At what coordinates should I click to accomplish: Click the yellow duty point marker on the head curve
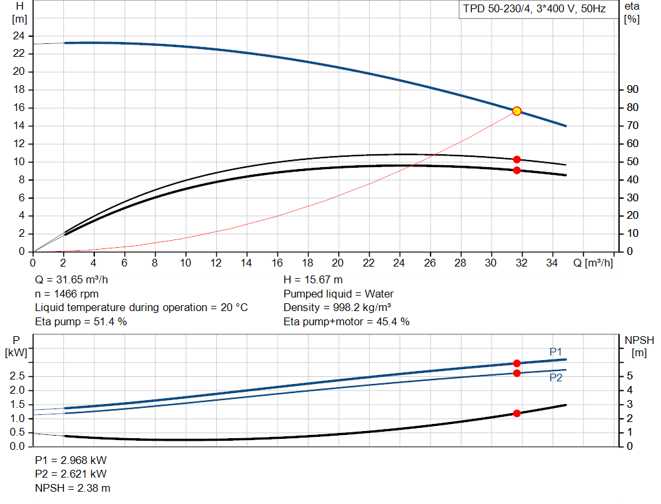[517, 111]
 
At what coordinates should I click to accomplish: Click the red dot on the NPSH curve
[517, 414]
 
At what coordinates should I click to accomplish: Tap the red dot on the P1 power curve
[517, 363]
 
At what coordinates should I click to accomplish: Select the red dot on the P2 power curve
[517, 373]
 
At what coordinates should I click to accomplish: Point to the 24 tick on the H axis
[19, 36]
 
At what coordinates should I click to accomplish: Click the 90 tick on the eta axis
[633, 89]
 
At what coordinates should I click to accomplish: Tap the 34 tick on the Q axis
[552, 263]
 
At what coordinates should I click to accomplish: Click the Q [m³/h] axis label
[593, 263]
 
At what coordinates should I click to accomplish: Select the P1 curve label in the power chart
[556, 352]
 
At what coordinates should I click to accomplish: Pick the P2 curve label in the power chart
[556, 378]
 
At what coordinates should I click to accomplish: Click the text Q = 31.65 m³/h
[71, 280]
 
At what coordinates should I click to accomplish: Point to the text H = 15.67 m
[313, 280]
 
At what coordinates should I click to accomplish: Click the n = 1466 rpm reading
[66, 294]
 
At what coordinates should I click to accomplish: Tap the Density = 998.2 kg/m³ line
[337, 308]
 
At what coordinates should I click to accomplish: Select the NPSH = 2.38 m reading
[72, 488]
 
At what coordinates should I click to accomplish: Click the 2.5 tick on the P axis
[17, 376]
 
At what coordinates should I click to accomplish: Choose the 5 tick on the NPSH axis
[629, 376]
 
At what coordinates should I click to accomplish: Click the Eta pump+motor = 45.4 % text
[347, 321]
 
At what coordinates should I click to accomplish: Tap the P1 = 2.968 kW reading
[71, 460]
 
